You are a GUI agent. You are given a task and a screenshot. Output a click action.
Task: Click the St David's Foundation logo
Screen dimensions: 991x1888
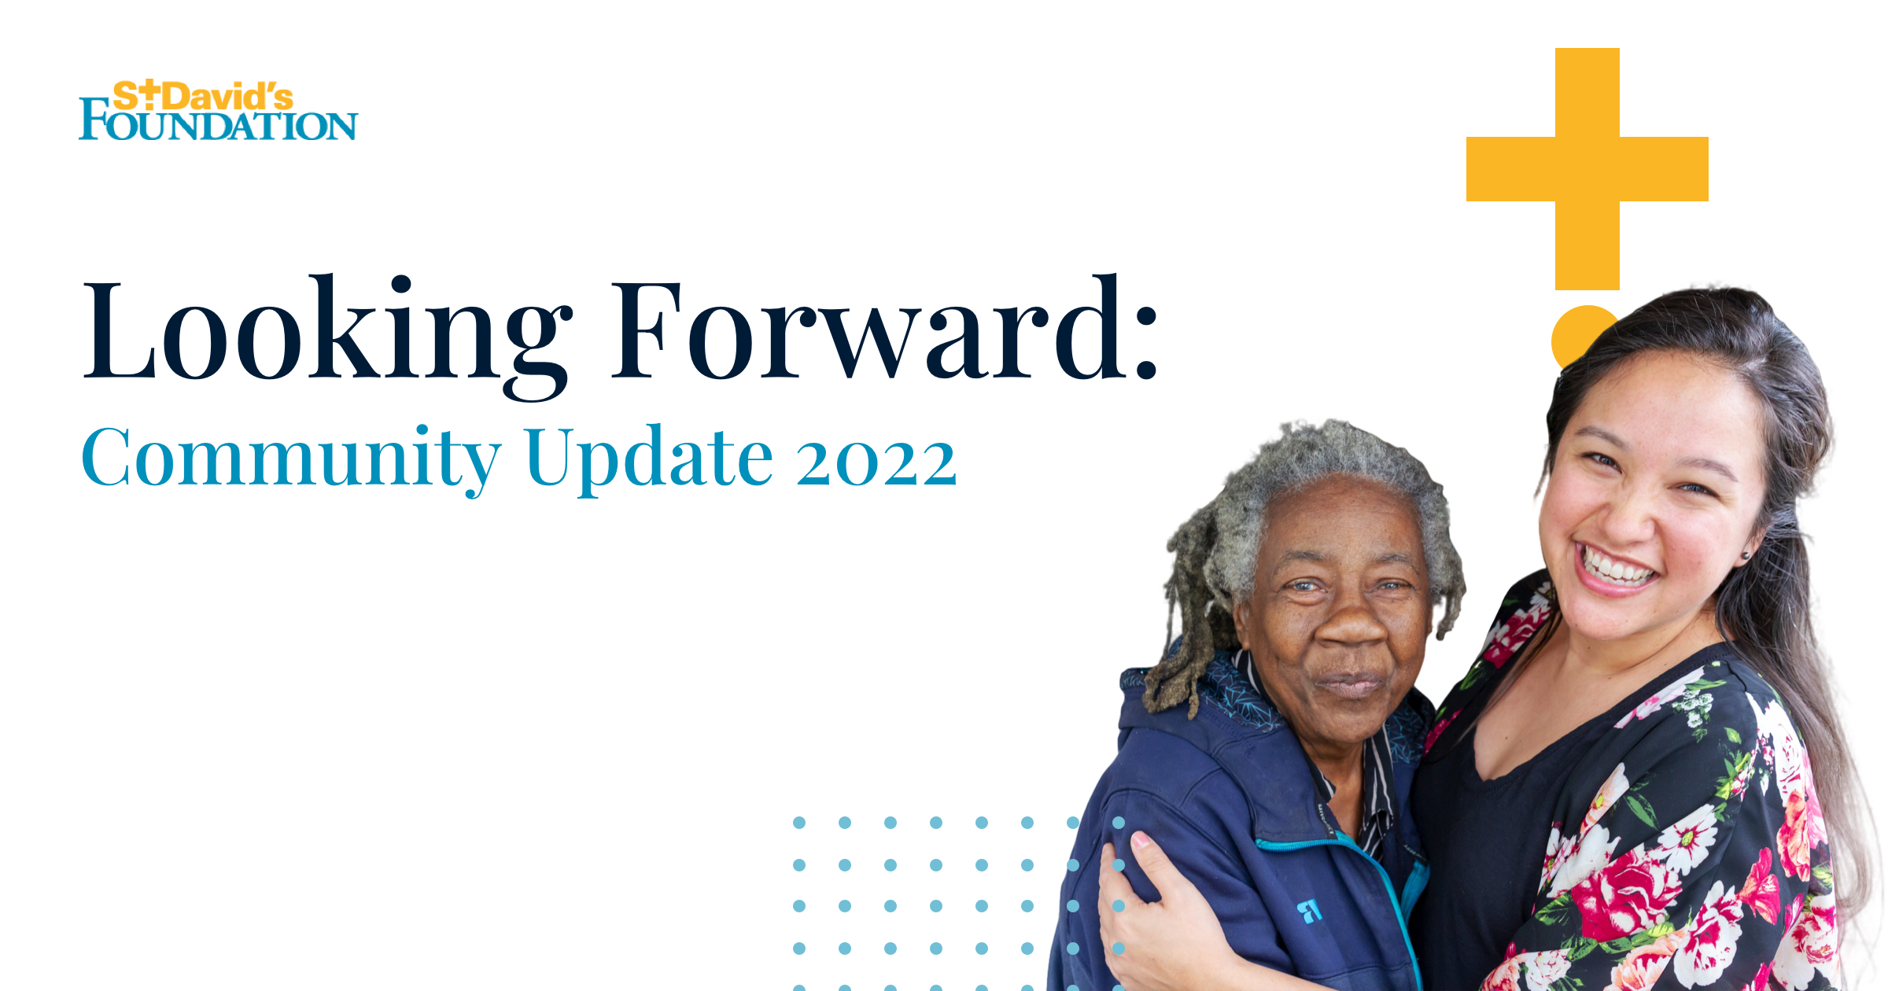point(218,111)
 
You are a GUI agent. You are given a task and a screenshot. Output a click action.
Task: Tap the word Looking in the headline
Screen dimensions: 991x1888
point(327,330)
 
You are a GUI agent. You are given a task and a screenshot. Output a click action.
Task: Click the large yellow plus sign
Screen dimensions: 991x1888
point(1587,168)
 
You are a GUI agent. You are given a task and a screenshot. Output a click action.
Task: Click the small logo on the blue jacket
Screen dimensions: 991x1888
point(1309,911)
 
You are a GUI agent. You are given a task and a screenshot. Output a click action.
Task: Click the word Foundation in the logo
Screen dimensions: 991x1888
point(218,126)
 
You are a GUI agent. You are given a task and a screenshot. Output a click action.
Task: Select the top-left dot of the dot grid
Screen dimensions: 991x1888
point(799,823)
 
